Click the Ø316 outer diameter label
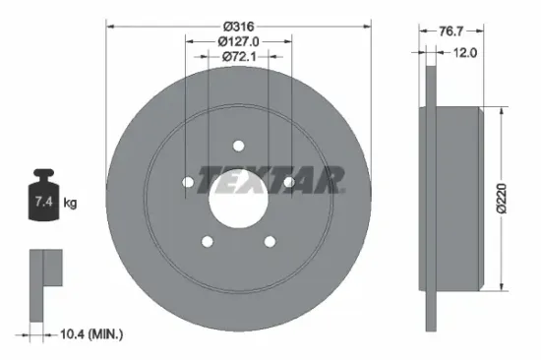239,25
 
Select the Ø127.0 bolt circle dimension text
239,41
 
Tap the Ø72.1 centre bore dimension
239,57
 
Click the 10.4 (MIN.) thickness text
92,335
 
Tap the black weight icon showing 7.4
45,201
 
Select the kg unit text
70,203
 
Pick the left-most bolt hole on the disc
188,182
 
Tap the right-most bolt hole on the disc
288,182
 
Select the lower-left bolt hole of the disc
207,241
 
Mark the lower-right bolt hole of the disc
270,241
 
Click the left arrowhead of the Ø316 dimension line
108,25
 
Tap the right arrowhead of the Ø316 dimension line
368,25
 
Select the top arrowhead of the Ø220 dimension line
503,111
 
